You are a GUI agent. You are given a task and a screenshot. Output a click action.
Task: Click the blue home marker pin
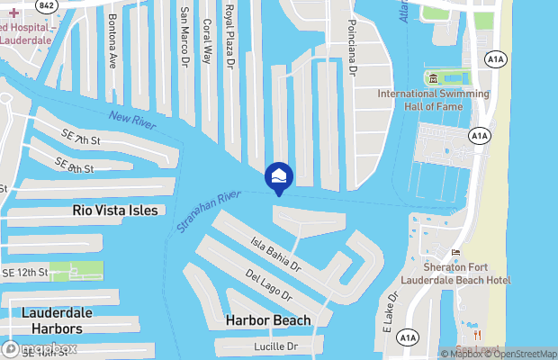[280, 175]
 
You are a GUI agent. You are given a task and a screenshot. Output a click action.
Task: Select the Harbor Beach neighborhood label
[268, 320]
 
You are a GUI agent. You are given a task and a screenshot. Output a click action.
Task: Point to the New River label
[132, 121]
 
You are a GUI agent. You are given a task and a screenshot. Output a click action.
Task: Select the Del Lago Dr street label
[268, 283]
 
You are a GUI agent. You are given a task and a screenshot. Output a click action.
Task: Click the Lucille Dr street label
[274, 346]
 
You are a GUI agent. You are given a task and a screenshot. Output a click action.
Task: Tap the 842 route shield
[46, 4]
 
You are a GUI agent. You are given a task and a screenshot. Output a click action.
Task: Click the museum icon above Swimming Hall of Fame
[431, 78]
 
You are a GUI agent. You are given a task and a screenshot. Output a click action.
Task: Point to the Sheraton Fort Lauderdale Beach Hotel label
[466, 274]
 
